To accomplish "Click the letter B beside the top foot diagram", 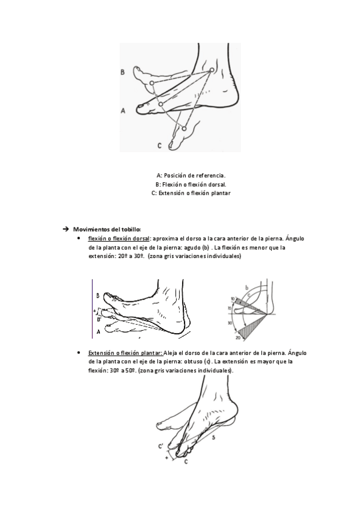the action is pyautogui.click(x=123, y=72).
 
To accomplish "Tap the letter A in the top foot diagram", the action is pyautogui.click(x=123, y=111).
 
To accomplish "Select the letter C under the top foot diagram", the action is pyautogui.click(x=159, y=146).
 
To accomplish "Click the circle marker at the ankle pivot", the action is pyautogui.click(x=212, y=70).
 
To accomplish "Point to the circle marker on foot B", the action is pyautogui.click(x=151, y=83).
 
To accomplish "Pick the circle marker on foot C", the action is pyautogui.click(x=184, y=129).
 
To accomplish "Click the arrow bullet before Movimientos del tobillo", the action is pyautogui.click(x=66, y=229).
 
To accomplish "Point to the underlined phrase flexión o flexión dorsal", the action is pyautogui.click(x=118, y=239).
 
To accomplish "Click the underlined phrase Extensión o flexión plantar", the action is pyautogui.click(x=126, y=353).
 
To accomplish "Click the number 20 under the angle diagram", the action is pyautogui.click(x=238, y=338).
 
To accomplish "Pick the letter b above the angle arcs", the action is pyautogui.click(x=246, y=287).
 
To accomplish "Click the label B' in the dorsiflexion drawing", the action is pyautogui.click(x=99, y=319).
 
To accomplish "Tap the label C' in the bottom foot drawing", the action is pyautogui.click(x=160, y=446).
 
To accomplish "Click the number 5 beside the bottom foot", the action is pyautogui.click(x=213, y=438).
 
